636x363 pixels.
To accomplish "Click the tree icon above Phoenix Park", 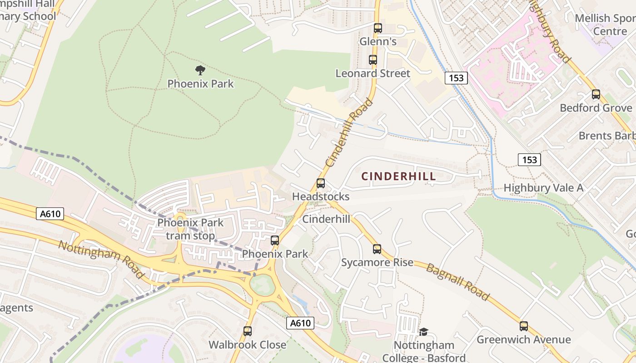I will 200,70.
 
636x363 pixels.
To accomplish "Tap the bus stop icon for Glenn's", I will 378,28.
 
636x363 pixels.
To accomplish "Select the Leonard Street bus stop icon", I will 373,60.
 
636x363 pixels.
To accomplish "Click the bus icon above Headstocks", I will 321,183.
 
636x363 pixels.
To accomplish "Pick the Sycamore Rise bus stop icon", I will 377,249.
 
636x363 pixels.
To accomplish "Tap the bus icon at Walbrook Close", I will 248,331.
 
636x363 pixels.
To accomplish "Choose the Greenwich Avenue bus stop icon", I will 524,326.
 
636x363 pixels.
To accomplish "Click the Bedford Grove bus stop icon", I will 596,94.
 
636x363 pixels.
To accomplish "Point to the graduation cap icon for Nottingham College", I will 423,332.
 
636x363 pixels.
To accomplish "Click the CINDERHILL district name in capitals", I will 398,177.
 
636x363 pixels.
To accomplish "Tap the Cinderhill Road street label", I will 349,132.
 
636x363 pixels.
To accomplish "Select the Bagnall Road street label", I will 457,282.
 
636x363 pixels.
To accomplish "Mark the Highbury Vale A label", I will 543,188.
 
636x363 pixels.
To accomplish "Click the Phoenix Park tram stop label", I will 190,229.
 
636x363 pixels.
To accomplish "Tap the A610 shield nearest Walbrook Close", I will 300,323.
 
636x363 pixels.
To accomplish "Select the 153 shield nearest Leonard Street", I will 456,78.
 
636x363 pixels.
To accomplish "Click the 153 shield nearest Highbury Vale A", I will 529,160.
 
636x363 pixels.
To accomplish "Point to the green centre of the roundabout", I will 262,285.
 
